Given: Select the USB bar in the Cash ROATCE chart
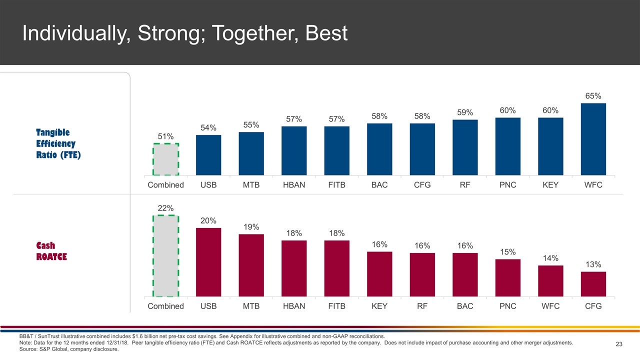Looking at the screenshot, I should tap(208, 262).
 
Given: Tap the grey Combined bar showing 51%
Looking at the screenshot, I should tap(165, 159).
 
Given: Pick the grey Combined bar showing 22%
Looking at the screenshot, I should tap(165, 256).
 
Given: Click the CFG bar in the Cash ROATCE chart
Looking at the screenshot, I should tap(593, 284).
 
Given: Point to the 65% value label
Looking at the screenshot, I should tap(593, 95).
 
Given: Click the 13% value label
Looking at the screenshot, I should tap(593, 264).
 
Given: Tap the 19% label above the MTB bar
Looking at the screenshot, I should tap(251, 227).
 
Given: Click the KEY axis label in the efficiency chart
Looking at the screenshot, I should tap(550, 185).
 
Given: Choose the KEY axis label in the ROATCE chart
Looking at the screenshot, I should tap(379, 306).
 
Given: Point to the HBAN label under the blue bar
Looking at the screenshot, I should tap(294, 185).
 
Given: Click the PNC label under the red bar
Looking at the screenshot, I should tap(507, 306).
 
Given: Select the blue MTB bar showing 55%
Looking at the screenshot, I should tap(251, 153).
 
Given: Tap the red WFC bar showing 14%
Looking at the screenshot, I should tap(550, 281).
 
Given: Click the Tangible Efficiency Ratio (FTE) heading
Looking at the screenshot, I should tap(58, 143).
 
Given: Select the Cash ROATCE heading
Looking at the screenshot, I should tap(51, 251).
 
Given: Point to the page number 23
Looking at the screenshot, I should tap(618, 344).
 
